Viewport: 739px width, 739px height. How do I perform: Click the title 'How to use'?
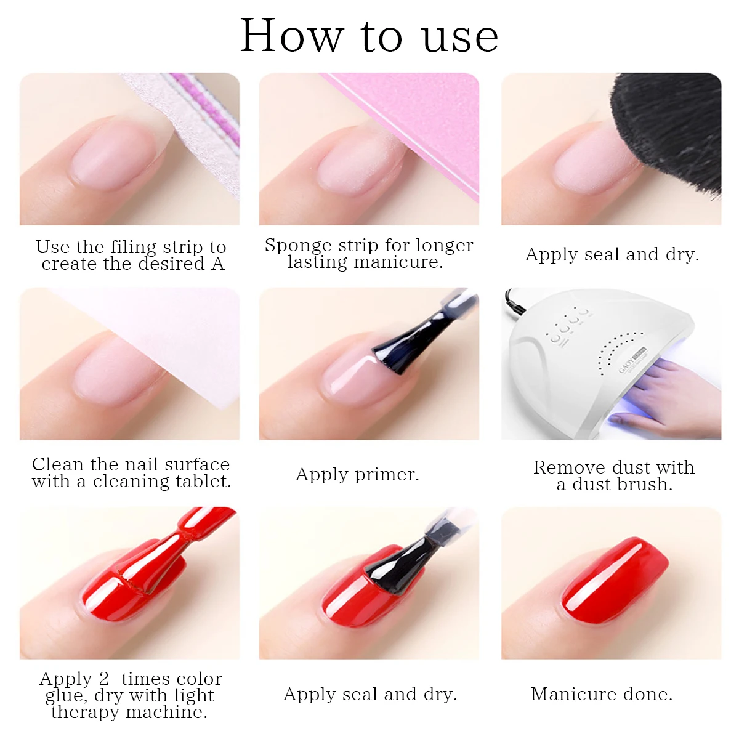tap(369, 36)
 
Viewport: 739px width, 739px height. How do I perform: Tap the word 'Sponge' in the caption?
tap(297, 245)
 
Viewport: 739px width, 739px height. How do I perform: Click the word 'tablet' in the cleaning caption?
tap(199, 481)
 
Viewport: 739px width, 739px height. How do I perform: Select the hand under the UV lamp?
tap(671, 394)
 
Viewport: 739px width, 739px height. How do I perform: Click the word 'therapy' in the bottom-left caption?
tap(85, 713)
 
